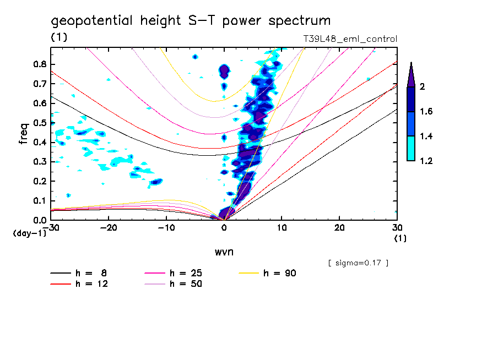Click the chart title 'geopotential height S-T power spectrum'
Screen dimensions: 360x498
coord(191,21)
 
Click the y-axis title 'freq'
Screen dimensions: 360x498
coord(24,134)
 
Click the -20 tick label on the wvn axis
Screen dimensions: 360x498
coord(109,228)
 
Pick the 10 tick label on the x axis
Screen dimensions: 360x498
coord(282,228)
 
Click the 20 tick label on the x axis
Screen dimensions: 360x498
coord(339,228)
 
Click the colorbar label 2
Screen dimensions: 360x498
coord(425,87)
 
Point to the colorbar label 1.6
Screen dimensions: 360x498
coord(427,112)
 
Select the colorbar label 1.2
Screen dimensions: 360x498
coord(427,161)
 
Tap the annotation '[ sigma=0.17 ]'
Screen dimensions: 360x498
coord(358,263)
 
